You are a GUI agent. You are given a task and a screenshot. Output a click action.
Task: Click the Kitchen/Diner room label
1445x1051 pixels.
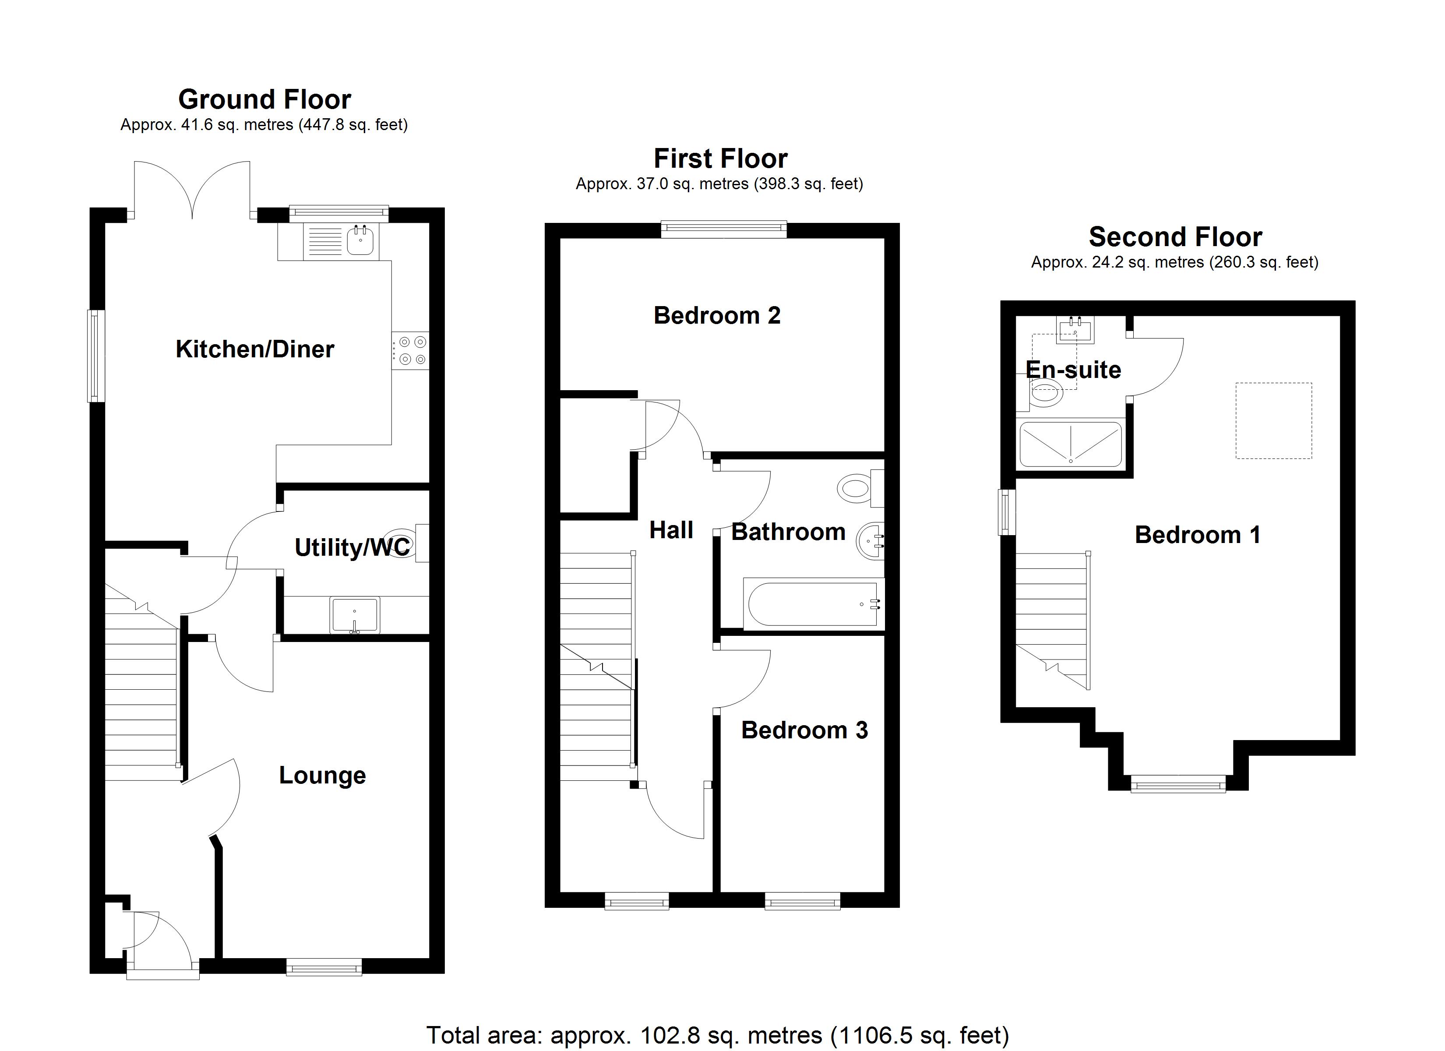point(254,349)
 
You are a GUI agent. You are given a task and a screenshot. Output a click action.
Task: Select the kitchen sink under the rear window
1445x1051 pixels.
point(360,241)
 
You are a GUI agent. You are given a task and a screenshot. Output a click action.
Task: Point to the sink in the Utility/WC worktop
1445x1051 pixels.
point(355,615)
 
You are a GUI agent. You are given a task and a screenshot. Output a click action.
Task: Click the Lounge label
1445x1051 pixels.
point(322,775)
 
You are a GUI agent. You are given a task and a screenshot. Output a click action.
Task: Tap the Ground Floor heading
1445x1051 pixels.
point(264,99)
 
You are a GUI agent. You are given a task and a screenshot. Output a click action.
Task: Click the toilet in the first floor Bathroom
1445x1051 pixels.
point(856,489)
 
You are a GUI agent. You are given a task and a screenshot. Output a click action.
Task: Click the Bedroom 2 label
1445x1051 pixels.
point(717,315)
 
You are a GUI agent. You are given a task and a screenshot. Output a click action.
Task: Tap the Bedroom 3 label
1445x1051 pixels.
point(804,730)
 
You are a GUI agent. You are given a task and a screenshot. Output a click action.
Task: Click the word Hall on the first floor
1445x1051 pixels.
point(671,529)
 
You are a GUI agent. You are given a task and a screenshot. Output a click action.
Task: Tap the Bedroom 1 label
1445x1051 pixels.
point(1197,535)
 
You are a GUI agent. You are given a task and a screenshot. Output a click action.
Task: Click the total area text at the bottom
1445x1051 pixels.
point(717,1036)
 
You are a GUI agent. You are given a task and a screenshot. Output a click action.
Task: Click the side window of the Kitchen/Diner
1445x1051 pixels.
point(96,356)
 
